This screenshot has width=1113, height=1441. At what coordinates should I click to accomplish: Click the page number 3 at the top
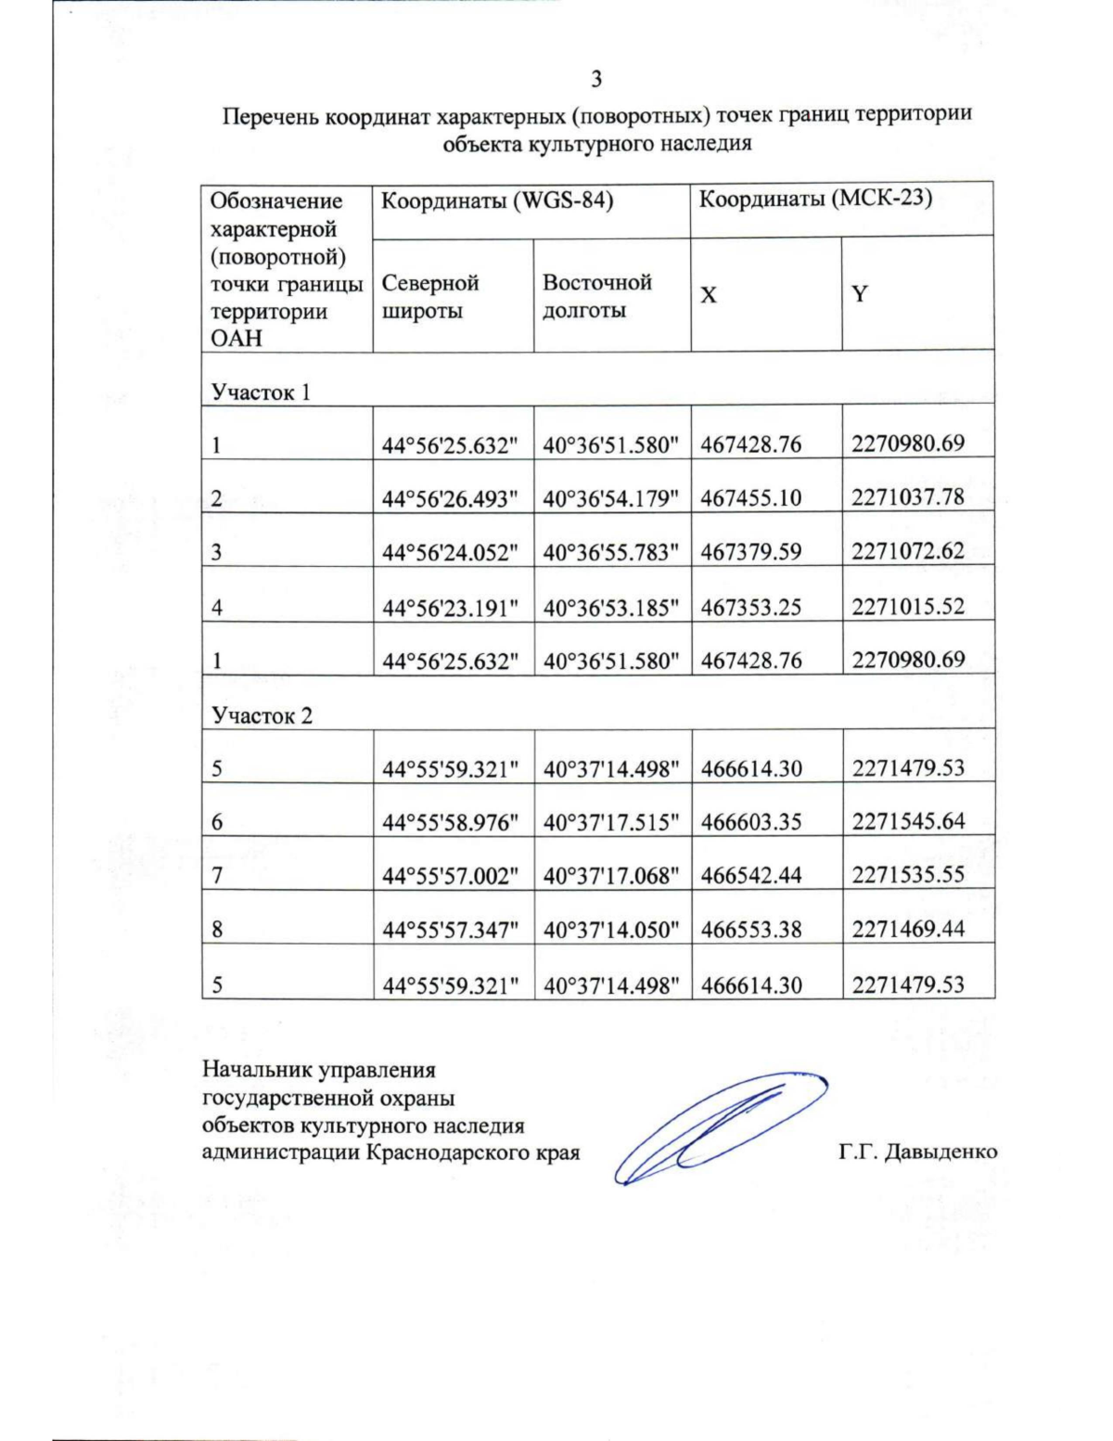(x=596, y=79)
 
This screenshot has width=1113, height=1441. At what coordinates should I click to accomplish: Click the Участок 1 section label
(x=261, y=392)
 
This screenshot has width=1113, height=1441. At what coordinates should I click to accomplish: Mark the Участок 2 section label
(x=262, y=715)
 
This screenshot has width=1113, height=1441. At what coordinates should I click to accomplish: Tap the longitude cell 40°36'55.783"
(x=611, y=552)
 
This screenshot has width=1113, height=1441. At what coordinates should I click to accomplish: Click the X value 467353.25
(x=751, y=607)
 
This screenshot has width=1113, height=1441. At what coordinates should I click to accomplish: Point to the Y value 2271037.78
(x=908, y=497)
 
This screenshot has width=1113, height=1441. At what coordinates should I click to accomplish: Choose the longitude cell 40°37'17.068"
(x=611, y=875)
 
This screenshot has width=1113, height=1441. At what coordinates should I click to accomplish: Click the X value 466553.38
(x=751, y=930)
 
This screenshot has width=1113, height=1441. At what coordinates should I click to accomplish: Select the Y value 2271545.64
(x=908, y=821)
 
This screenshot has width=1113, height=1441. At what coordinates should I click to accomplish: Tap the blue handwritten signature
(x=714, y=1127)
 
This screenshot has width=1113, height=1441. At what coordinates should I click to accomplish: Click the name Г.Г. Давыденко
(x=917, y=1152)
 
